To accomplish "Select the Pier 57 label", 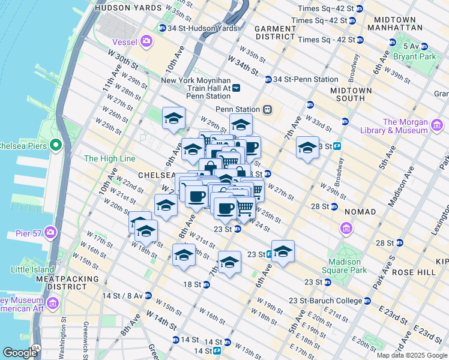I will (23, 232).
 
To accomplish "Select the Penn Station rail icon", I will (267, 109).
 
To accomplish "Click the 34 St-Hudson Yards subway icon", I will (163, 28).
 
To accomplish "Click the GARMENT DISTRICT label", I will (275, 32).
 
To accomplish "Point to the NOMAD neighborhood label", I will (360, 212).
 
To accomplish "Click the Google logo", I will (20, 353).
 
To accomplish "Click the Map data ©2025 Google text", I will (412, 355).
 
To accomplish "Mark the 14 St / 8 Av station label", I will (122, 296).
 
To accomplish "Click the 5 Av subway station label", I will (412, 46).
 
